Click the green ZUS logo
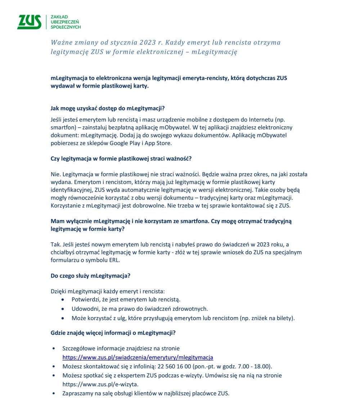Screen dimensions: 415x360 29,22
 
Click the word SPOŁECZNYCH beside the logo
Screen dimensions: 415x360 66,27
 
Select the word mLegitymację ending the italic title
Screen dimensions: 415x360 214,52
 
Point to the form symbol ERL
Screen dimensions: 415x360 114,260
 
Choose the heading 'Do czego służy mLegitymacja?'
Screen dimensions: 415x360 90,276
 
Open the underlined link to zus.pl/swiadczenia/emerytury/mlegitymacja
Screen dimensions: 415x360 138,357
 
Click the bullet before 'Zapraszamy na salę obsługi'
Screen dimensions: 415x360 54,393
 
